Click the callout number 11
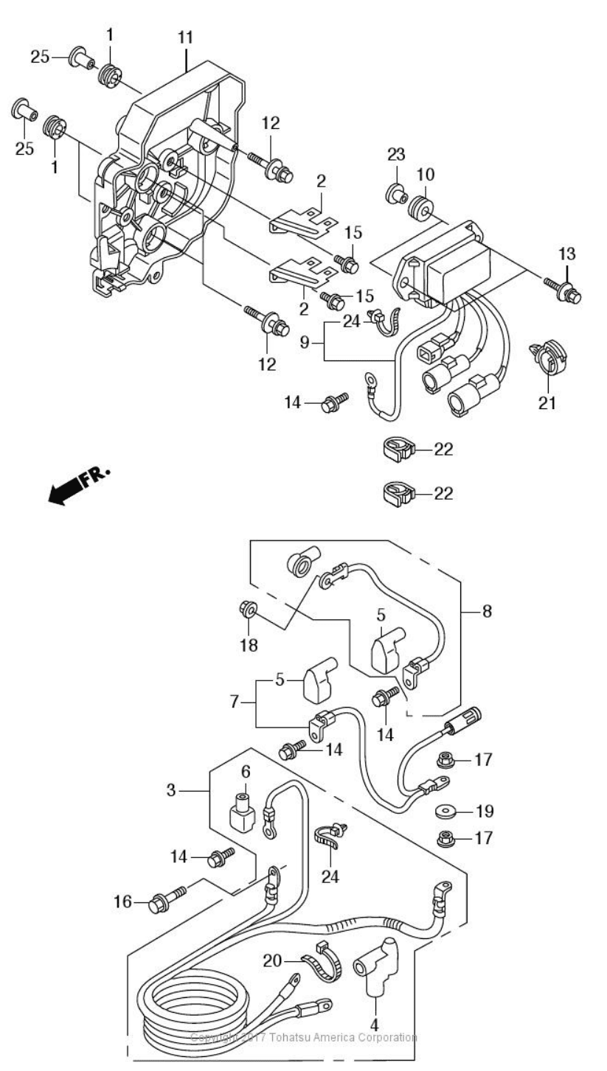click(185, 38)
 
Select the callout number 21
click(547, 402)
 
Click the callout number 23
click(396, 154)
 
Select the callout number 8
click(487, 610)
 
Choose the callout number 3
click(171, 790)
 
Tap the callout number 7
click(234, 702)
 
